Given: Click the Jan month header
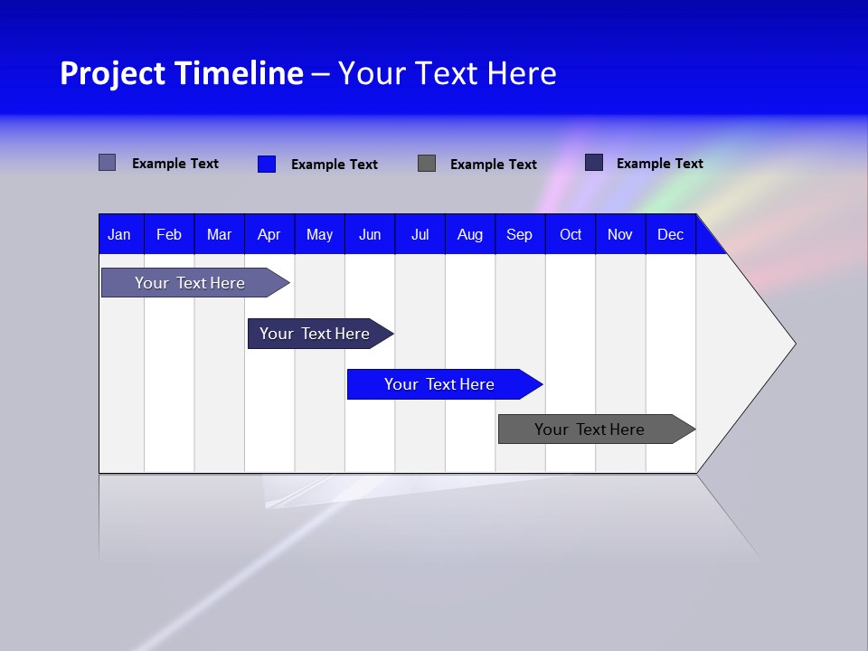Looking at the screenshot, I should coord(119,234).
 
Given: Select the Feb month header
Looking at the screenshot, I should coord(169,234).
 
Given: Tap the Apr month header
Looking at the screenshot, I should coord(269,234).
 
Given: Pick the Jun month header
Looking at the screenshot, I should coord(370,234).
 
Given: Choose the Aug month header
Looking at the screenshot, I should coord(469,234).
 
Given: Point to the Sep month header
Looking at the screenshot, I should coord(519,234).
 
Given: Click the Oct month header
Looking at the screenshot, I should coord(571,234).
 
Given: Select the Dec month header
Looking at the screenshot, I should coord(670,234).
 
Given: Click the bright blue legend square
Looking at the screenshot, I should coord(267,164).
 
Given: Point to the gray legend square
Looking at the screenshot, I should coord(427,164).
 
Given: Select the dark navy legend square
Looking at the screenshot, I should coord(594,163).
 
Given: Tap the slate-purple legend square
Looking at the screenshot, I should coord(107,163).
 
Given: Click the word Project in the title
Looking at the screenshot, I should coord(112,73).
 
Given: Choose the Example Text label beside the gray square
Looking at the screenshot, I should coord(493,165).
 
